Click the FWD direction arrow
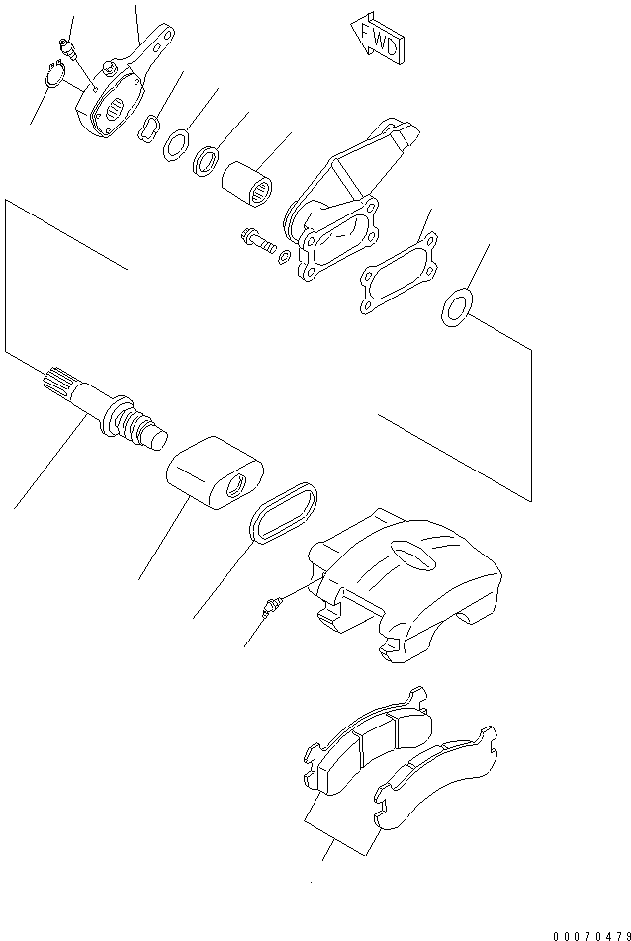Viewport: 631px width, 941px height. pos(378,38)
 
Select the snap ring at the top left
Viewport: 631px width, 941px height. pos(53,74)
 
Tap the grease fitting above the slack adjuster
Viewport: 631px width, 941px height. pos(66,48)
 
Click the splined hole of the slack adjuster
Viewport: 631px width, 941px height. pos(116,108)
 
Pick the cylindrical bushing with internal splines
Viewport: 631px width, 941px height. pos(246,184)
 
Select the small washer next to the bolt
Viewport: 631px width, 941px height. pos(285,257)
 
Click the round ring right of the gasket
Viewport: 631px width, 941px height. pos(457,307)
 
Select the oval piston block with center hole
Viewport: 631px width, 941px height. pos(215,472)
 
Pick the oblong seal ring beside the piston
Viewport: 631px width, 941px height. pos(284,513)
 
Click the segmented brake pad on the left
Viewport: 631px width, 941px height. pos(368,741)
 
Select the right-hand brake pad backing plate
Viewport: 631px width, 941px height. pos(436,777)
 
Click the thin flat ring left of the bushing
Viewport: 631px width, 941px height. pos(176,144)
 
